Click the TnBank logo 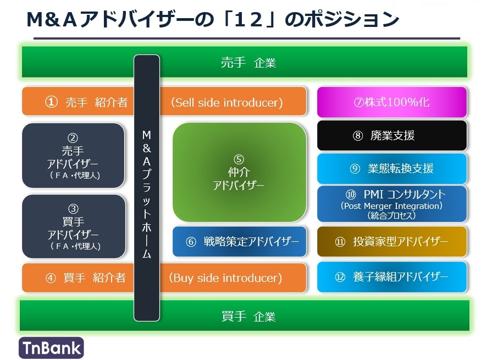pyautogui.click(x=51, y=347)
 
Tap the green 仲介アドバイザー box pyautogui.click(x=239, y=172)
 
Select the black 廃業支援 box pyautogui.click(x=391, y=136)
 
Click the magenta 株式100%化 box pyautogui.click(x=391, y=102)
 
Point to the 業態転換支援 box pyautogui.click(x=391, y=169)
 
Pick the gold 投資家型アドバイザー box pyautogui.click(x=391, y=241)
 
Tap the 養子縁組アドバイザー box pyautogui.click(x=391, y=276)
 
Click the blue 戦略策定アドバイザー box pyautogui.click(x=239, y=241)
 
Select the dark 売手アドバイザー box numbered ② pyautogui.click(x=74, y=156)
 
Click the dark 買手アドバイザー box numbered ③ pyautogui.click(x=74, y=227)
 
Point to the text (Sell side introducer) pyautogui.click(x=226, y=102)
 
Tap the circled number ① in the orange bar pyautogui.click(x=51, y=102)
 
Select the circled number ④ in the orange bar pyautogui.click(x=51, y=278)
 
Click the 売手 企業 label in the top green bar pyautogui.click(x=248, y=63)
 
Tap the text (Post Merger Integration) pyautogui.click(x=391, y=206)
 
